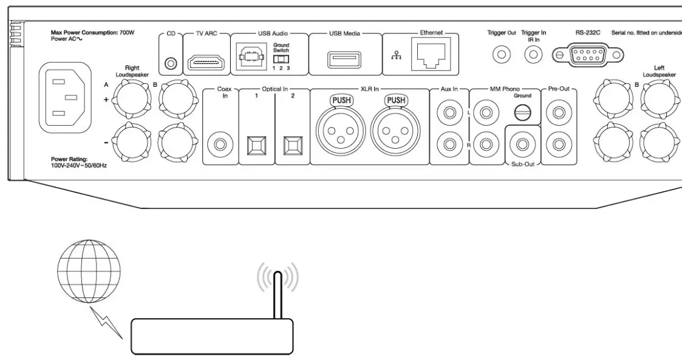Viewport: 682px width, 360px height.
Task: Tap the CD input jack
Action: coord(171,63)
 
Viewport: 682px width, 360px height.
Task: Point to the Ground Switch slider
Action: coord(280,59)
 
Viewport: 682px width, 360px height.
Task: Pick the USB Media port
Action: coord(345,59)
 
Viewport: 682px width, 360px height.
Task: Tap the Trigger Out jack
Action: coord(502,55)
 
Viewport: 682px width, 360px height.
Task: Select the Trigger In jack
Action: coord(534,55)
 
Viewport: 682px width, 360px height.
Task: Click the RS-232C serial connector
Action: coord(587,55)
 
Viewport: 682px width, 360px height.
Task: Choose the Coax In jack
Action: coord(219,144)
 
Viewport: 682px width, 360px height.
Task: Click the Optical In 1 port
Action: coord(256,145)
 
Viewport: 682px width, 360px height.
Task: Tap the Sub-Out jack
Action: coord(522,144)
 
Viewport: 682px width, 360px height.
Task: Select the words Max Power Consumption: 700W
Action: coord(93,32)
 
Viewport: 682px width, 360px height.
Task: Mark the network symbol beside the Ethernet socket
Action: coord(395,56)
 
